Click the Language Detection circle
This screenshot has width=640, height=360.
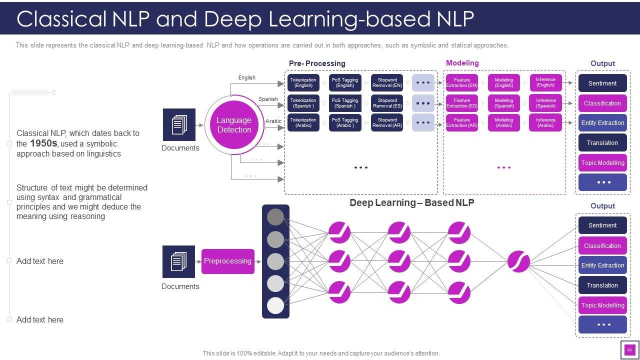tap(233, 125)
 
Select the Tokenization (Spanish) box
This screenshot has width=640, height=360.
tap(303, 103)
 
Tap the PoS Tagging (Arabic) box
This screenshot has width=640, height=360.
tap(345, 122)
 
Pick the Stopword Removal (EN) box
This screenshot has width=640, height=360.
tap(387, 82)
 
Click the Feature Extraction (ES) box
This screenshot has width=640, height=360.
tap(461, 103)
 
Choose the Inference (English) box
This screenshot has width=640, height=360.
tap(545, 82)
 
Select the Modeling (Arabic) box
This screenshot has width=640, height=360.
tap(503, 122)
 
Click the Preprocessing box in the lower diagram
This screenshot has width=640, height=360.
tap(227, 261)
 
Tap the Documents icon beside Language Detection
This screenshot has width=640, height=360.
tap(179, 124)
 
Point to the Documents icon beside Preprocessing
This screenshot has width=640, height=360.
tap(178, 261)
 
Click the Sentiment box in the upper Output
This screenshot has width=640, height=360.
tap(602, 83)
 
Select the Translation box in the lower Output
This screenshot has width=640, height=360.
tap(602, 285)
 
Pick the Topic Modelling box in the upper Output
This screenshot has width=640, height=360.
tap(602, 162)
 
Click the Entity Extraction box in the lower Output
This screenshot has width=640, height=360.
tap(602, 265)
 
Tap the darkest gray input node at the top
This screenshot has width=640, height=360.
tap(275, 217)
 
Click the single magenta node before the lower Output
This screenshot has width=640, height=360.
tap(518, 261)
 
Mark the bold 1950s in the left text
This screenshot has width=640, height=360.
tap(43, 143)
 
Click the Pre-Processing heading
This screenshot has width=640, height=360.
tap(317, 63)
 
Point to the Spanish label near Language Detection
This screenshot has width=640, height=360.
tap(268, 99)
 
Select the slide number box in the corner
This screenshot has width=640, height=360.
tap(629, 350)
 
